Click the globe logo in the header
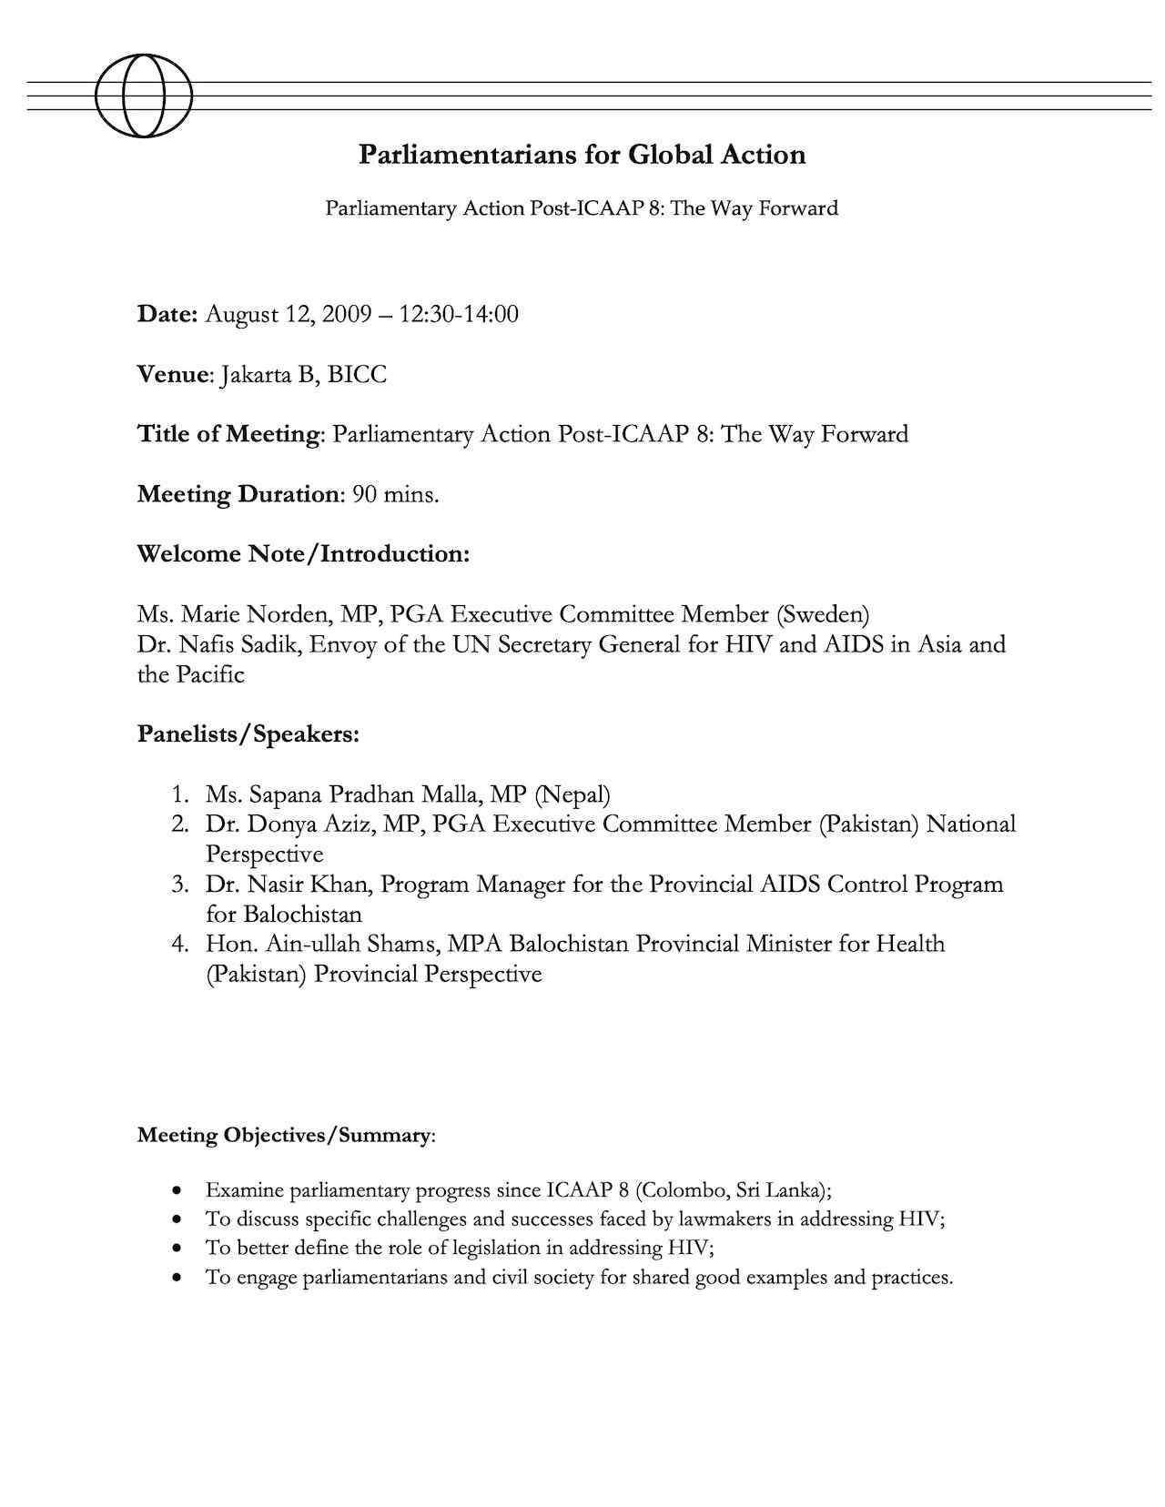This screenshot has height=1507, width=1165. click(x=144, y=96)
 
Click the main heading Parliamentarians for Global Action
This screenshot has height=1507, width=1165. click(x=582, y=155)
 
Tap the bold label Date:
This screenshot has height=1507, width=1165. click(x=167, y=315)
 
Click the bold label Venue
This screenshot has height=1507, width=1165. click(x=174, y=375)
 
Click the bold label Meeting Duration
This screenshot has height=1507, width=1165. click(x=238, y=495)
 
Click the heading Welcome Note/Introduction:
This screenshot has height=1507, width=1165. click(x=303, y=554)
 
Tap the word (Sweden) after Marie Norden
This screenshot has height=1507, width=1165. click(x=823, y=614)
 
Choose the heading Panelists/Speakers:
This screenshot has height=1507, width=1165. click(x=248, y=734)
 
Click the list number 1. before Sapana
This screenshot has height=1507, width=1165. click(x=180, y=794)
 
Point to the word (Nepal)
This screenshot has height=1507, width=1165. click(x=572, y=794)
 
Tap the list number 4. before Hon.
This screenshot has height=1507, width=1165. click(x=180, y=944)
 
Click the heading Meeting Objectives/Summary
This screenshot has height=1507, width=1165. click(x=284, y=1136)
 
